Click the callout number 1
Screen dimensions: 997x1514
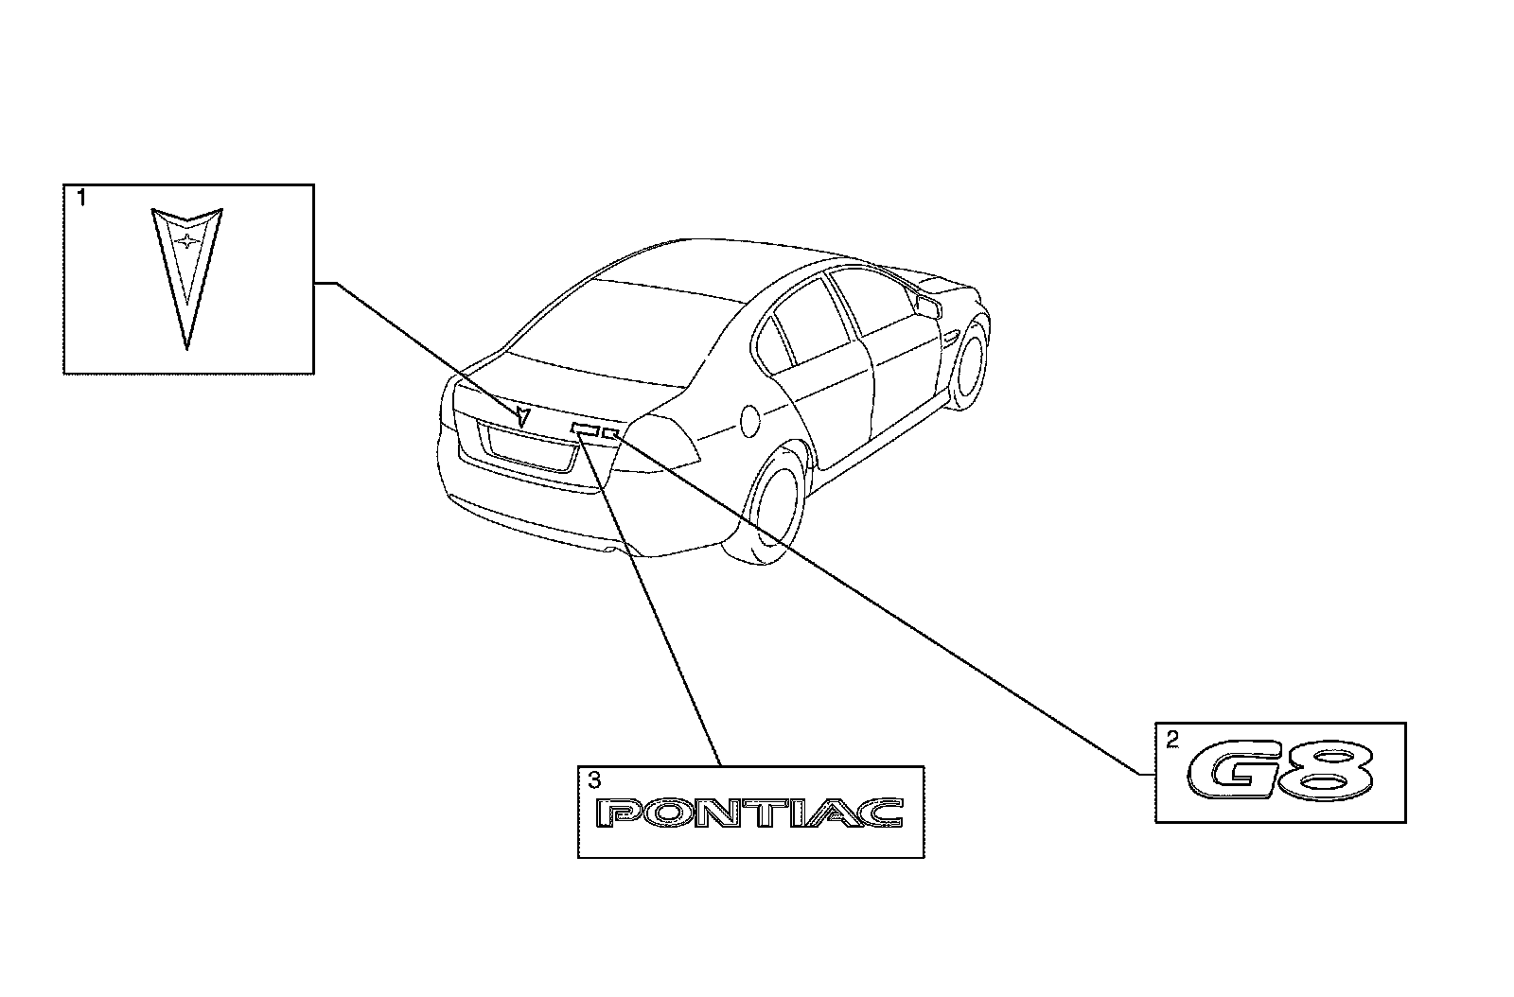pos(81,199)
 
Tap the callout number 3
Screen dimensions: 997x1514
pos(593,780)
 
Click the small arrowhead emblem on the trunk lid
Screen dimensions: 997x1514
pos(521,415)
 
